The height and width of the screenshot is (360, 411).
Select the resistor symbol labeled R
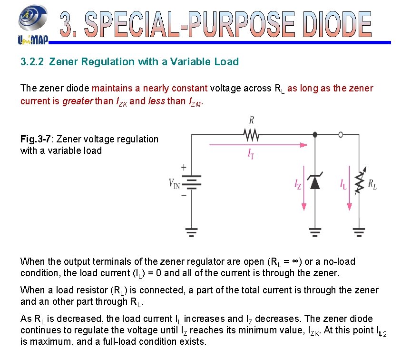click(x=251, y=135)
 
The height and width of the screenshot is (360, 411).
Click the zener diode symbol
click(x=314, y=182)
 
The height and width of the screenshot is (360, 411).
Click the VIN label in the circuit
click(x=174, y=183)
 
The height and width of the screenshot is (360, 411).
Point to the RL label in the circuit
click(x=372, y=185)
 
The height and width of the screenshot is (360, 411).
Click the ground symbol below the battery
click(x=191, y=232)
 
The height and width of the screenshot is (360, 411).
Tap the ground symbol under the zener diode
click(x=314, y=232)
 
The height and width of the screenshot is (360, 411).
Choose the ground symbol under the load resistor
click(x=360, y=232)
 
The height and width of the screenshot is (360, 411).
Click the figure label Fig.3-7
click(x=36, y=140)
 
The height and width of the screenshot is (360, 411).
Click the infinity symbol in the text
click(x=294, y=262)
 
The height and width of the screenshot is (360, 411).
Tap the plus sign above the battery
click(x=184, y=168)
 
